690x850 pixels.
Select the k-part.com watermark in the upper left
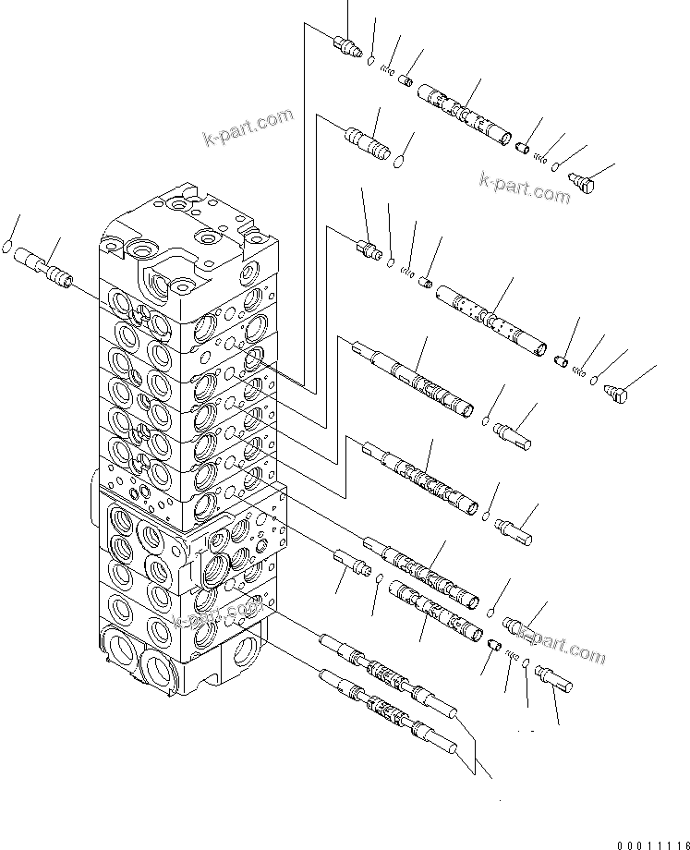pyautogui.click(x=248, y=127)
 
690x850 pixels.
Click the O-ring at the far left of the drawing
pyautogui.click(x=8, y=248)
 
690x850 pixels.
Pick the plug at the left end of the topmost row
pyautogui.click(x=347, y=45)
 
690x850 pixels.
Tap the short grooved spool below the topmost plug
pyautogui.click(x=368, y=143)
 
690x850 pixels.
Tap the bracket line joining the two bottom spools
pyautogui.click(x=475, y=748)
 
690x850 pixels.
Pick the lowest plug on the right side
pyautogui.click(x=553, y=681)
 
